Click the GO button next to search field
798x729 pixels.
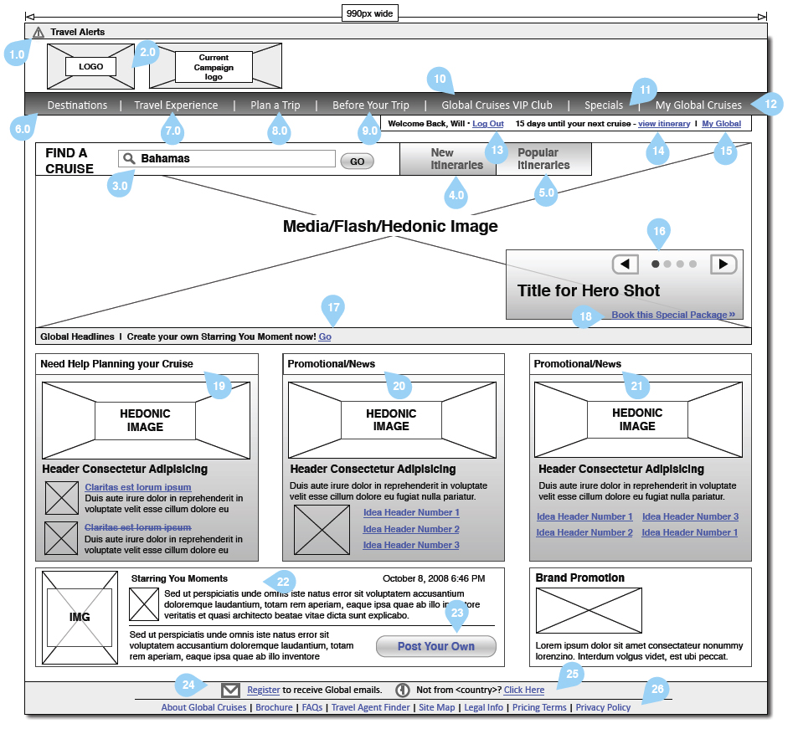[357, 162]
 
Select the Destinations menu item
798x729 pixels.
[77, 105]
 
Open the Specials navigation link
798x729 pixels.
[604, 105]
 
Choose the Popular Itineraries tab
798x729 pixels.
[543, 159]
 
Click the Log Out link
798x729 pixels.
[488, 124]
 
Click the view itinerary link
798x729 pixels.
[664, 124]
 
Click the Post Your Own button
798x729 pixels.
[435, 646]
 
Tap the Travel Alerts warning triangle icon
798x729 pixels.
[39, 32]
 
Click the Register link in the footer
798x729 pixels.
[263, 690]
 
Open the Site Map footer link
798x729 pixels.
[437, 707]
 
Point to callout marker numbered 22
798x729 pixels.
[282, 582]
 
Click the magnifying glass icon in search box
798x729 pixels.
[129, 158]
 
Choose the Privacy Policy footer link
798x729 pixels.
[603, 707]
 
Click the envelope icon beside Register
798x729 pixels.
[230, 690]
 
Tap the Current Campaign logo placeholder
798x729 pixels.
[214, 66]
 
